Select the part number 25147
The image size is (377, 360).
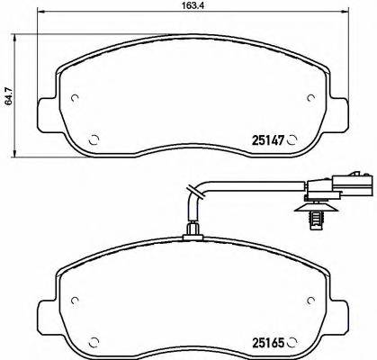pyautogui.click(x=266, y=139)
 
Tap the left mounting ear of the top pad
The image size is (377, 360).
pyautogui.click(x=42, y=112)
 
